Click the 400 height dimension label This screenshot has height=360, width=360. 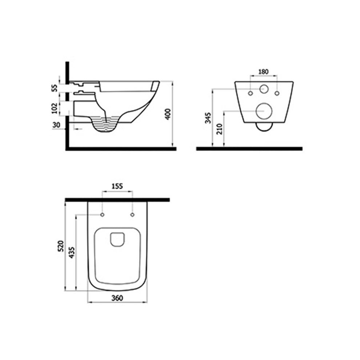tap(168, 114)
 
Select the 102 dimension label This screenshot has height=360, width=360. tap(55, 108)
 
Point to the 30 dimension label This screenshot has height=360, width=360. tap(56, 125)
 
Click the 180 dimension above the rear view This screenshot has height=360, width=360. tap(263, 72)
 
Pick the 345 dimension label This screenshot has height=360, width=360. tap(208, 118)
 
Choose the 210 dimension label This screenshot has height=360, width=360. tap(220, 129)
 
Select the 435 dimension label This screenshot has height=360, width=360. tap(72, 252)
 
